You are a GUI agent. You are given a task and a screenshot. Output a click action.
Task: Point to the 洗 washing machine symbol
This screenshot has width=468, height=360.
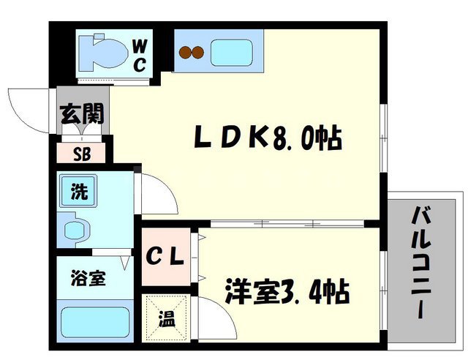click(78, 192)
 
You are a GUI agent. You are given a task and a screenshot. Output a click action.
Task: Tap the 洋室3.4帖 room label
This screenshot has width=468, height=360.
click(286, 293)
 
